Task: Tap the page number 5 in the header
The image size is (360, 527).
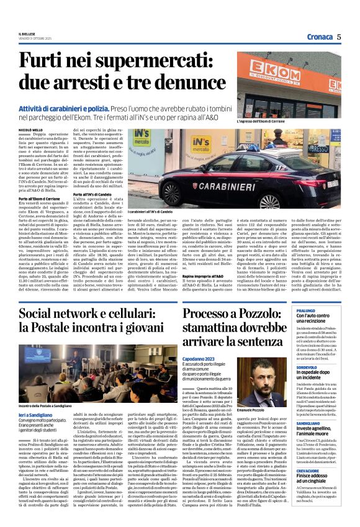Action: (340, 37)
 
